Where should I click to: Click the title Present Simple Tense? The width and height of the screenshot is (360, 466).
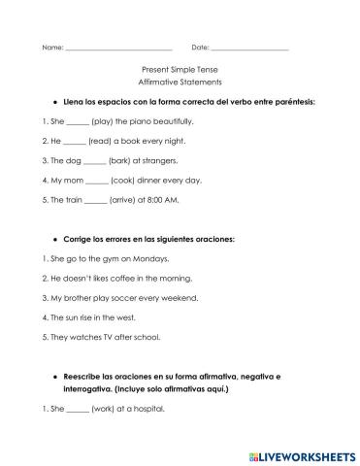click(x=180, y=72)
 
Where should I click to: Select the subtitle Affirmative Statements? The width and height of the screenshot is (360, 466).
click(x=180, y=84)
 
